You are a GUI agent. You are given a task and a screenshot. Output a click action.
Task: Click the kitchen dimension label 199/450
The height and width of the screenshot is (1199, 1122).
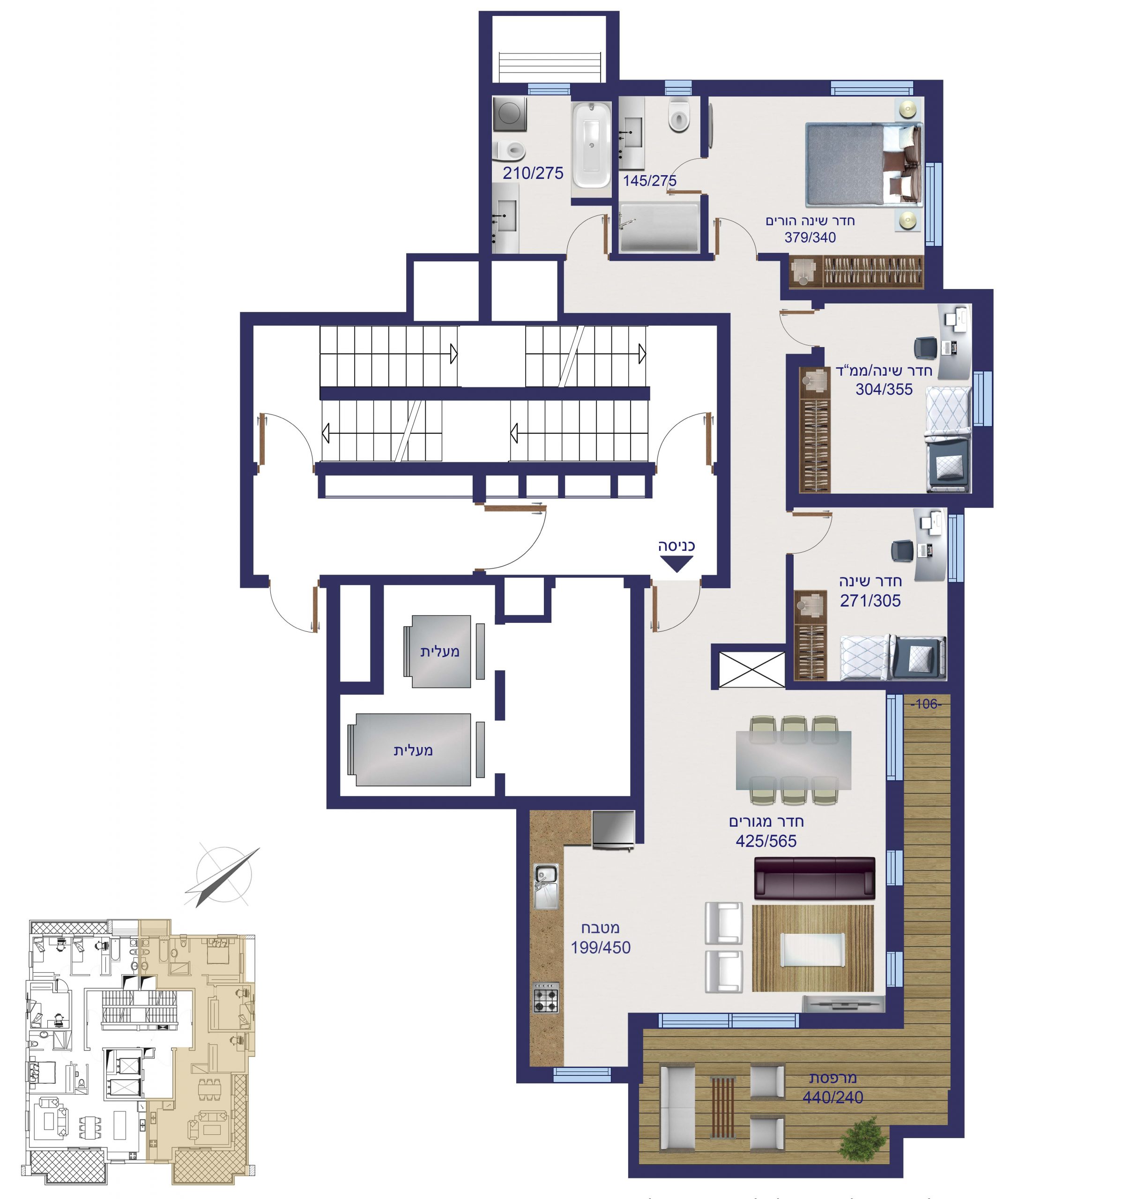[x=600, y=947]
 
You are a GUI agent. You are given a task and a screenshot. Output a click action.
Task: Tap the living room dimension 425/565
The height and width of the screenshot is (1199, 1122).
[x=765, y=841]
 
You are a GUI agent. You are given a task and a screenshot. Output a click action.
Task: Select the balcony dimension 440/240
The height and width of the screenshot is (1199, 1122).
[x=832, y=1097]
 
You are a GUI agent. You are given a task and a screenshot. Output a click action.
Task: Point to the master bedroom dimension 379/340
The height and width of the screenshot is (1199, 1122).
[x=810, y=237]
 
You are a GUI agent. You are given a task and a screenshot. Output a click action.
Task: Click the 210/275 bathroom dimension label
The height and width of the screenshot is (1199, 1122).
[x=533, y=173]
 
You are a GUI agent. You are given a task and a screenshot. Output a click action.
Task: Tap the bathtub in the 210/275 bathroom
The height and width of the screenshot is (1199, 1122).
[x=591, y=145]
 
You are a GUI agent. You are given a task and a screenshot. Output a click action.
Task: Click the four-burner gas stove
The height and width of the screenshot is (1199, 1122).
[x=545, y=998]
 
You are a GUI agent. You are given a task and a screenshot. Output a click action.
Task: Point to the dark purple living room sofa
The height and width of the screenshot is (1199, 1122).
[x=814, y=878]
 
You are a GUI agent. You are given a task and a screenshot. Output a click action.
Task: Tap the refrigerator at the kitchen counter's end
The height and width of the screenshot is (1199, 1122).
[x=613, y=830]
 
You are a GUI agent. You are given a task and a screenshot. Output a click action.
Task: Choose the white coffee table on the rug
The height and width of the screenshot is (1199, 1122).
[x=812, y=949]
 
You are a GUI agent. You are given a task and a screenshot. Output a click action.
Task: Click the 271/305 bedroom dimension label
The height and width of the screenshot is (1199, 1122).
[x=870, y=601]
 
